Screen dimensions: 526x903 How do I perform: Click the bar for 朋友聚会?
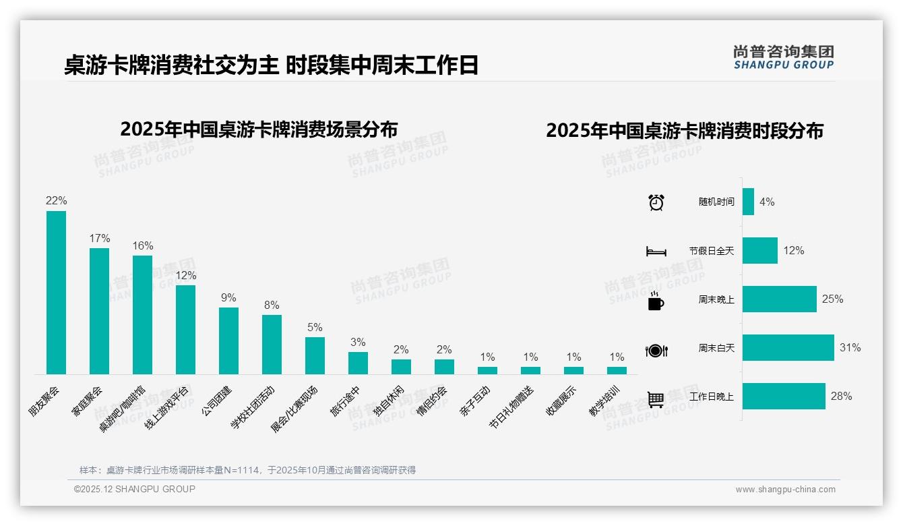pos(56,292)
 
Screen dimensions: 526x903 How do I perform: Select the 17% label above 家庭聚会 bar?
pos(99,238)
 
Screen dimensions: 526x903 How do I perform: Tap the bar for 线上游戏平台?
pos(185,329)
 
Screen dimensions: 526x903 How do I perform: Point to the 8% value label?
pos(272,305)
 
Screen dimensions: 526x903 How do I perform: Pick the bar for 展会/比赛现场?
pos(315,355)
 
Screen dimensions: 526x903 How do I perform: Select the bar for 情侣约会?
pos(444,366)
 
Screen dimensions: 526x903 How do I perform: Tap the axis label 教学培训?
pos(606,401)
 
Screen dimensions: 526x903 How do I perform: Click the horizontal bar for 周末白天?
pos(788,347)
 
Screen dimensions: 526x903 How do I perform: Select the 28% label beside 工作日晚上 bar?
pos(841,396)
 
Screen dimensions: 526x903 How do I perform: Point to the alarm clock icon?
pos(656,202)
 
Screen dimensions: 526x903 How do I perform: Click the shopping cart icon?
pos(656,399)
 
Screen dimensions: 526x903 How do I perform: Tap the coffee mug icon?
pos(656,301)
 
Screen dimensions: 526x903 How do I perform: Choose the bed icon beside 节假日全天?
pos(656,251)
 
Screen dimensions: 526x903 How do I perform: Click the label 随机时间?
pos(716,202)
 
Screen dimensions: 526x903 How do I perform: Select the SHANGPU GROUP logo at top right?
pos(783,57)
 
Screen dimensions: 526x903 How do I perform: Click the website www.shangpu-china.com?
pos(785,490)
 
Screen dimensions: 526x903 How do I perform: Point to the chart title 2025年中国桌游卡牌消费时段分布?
pos(685,131)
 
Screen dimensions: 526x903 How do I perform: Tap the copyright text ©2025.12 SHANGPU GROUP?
pos(135,489)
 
